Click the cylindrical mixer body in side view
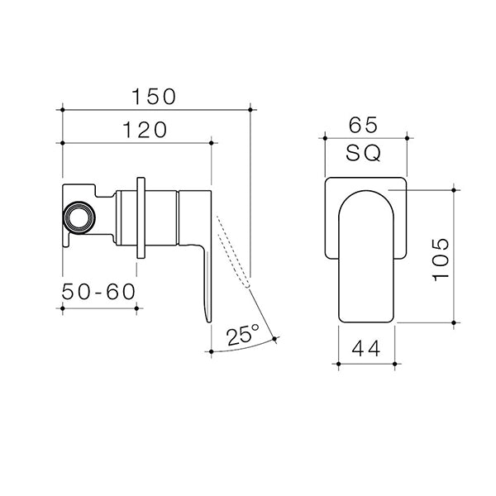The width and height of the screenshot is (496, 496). coord(161,217)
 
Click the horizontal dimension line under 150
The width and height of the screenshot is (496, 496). coord(156,108)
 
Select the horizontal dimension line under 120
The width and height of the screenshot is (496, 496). coord(137,143)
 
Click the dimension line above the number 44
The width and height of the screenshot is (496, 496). coord(368,362)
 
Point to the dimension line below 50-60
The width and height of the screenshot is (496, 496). coord(100,308)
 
